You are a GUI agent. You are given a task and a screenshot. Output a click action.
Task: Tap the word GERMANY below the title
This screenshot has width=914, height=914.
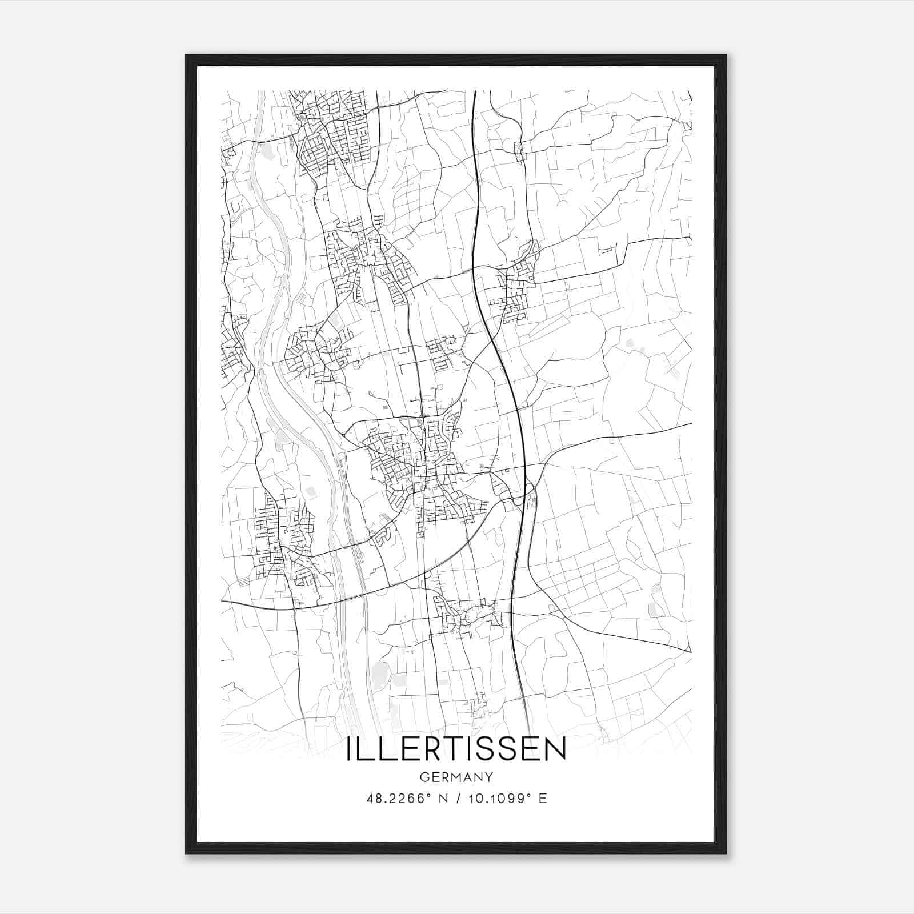pos(456,777)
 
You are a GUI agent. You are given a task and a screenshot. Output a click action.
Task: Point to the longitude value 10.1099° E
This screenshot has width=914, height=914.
pos(507,799)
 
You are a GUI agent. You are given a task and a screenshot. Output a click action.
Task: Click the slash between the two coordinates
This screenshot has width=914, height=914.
pos(457,799)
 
